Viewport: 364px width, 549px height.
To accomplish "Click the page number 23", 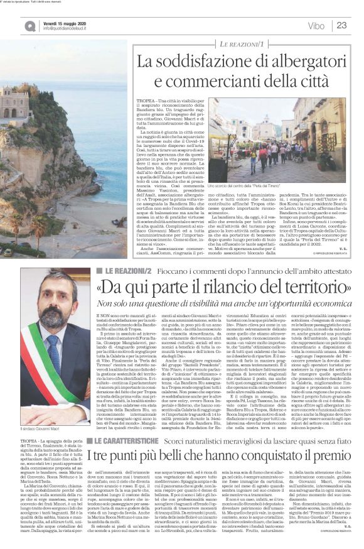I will point(341,26).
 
